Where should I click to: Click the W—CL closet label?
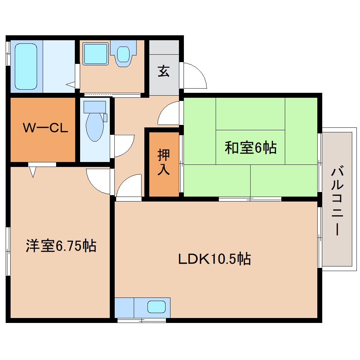(45, 128)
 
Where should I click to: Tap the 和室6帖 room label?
(251, 148)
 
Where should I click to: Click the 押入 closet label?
(163, 162)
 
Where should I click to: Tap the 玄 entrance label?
(163, 72)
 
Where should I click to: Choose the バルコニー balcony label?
(337, 201)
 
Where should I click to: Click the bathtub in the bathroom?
(26, 66)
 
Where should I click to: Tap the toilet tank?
(94, 107)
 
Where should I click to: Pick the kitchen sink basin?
(156, 307)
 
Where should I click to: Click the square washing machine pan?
(96, 54)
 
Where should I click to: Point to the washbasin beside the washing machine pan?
(123, 55)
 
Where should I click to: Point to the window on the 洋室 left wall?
(8, 251)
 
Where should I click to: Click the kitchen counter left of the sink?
(124, 307)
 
